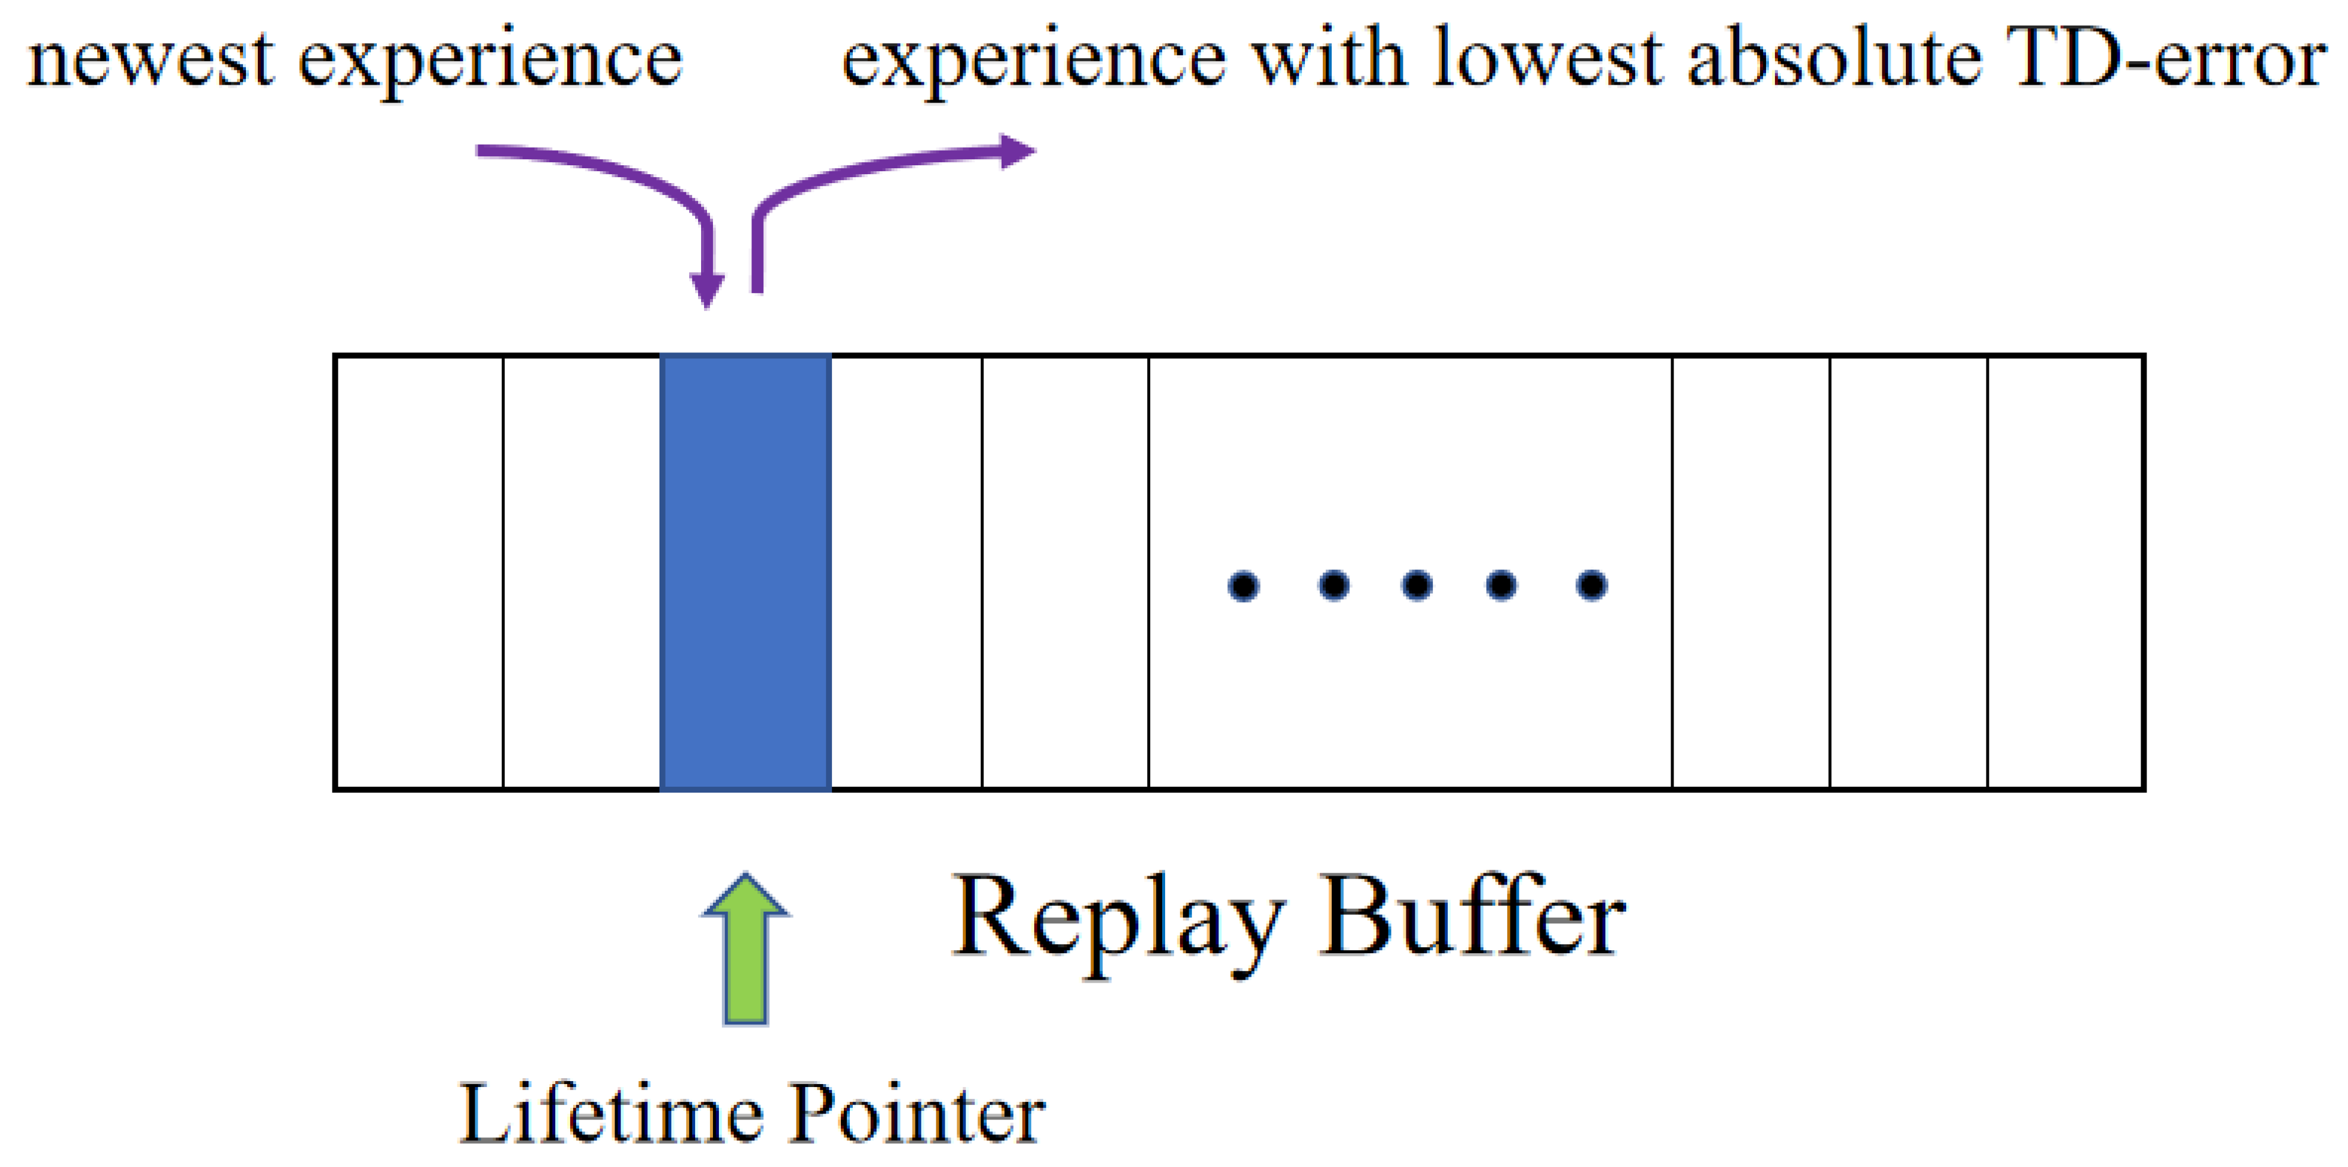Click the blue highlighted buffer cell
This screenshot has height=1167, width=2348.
745,572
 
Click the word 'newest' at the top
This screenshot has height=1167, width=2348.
151,60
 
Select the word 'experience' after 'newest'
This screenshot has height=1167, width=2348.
490,62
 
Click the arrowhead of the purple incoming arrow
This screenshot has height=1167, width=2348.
708,290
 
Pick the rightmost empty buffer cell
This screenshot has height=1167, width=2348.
2065,572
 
